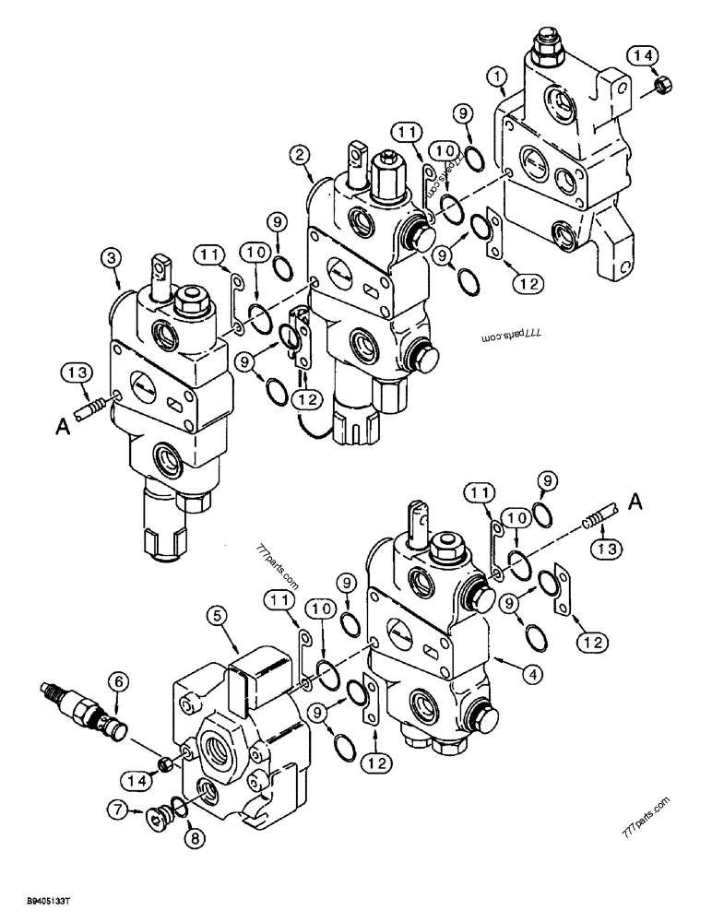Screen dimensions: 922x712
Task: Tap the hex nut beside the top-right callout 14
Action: [x=660, y=88]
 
